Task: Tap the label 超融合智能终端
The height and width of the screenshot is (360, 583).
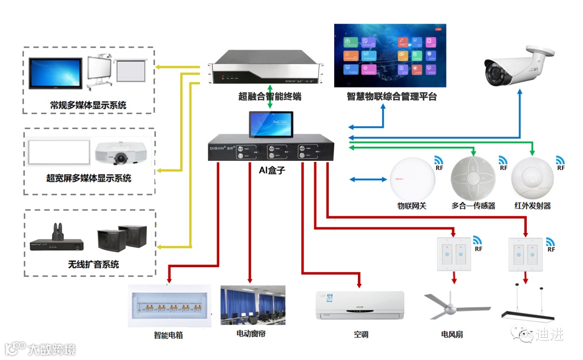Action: (269, 97)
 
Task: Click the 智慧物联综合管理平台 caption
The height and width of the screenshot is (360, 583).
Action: (391, 97)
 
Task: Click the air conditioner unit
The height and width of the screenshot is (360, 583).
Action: (360, 305)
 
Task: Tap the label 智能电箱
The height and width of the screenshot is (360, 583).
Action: (168, 335)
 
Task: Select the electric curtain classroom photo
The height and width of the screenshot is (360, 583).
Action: (253, 305)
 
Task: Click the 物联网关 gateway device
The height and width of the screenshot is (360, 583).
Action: (412, 179)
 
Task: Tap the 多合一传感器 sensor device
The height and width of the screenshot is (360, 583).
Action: (473, 178)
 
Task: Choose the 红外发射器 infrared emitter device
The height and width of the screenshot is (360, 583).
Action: (532, 179)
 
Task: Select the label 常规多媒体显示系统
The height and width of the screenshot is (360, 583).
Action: (88, 105)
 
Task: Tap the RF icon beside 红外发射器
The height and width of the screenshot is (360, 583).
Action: (560, 163)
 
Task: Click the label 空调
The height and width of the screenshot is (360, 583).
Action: (361, 335)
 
